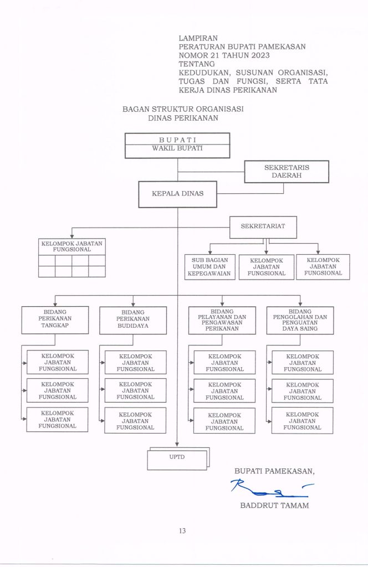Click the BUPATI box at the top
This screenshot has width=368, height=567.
click(177, 146)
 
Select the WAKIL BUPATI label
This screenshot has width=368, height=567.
click(177, 148)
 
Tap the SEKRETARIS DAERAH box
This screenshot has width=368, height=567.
click(287, 172)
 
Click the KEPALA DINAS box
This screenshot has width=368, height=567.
click(178, 194)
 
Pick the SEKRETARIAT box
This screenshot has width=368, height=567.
click(263, 227)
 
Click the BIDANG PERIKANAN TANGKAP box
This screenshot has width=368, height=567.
click(55, 320)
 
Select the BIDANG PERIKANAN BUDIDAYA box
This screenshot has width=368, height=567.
click(133, 321)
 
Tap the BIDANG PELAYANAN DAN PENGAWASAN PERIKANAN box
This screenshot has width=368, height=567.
click(222, 321)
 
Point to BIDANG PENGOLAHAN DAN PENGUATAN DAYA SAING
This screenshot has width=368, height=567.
click(300, 321)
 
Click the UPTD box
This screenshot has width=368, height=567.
click(177, 459)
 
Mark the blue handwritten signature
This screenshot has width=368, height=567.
click(272, 488)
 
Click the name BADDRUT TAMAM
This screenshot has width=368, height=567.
click(275, 506)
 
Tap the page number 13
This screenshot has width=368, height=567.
click(182, 531)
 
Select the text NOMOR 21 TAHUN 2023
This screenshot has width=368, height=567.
click(224, 55)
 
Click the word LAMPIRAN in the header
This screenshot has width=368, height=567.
click(198, 38)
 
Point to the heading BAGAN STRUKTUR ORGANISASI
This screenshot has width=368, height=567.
click(183, 109)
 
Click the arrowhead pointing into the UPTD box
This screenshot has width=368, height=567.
click(177, 445)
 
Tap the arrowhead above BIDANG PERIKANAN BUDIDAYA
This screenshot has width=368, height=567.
click(133, 304)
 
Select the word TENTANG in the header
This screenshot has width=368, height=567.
click(197, 64)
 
